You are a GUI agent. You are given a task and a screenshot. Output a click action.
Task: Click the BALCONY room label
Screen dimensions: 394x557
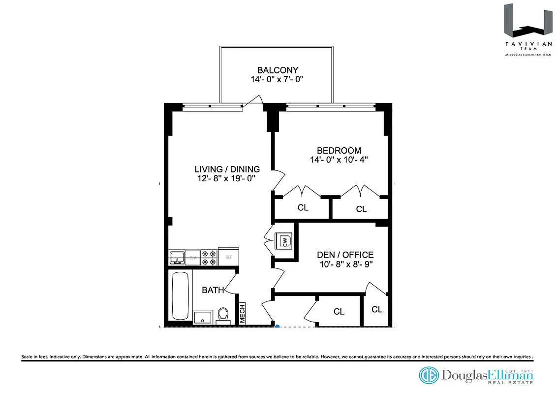[278, 70]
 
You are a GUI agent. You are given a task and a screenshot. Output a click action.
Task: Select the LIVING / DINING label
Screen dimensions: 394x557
[227, 169]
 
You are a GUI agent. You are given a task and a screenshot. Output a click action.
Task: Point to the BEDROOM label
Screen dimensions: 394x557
[339, 150]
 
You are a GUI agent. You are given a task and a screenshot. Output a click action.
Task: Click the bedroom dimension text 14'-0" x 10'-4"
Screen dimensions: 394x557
[339, 160]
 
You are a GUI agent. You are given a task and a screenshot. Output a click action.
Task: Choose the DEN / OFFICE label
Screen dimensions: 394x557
[344, 255]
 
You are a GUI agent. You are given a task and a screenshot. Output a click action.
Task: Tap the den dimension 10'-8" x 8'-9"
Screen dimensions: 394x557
[344, 264]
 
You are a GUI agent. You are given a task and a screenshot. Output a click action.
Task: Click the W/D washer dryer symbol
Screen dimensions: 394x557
[284, 241]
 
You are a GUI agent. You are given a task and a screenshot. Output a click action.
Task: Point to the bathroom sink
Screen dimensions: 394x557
[202, 317]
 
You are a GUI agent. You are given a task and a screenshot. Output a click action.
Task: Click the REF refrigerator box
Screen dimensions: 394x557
[228, 257]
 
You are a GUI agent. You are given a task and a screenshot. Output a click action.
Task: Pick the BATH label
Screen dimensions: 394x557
[213, 290]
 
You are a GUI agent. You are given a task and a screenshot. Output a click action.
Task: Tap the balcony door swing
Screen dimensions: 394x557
[253, 100]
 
